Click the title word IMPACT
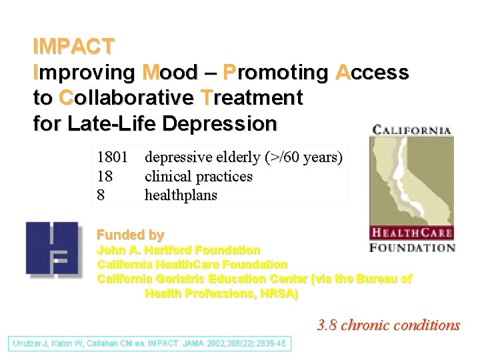(x=74, y=47)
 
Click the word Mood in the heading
(x=170, y=72)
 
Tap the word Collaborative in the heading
(x=127, y=98)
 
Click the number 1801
(x=114, y=158)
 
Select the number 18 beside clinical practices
(x=105, y=177)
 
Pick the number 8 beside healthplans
(x=101, y=195)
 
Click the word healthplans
(x=181, y=195)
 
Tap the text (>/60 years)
(x=303, y=158)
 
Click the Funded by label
(x=131, y=235)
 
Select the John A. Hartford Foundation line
(x=179, y=250)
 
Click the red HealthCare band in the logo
(x=411, y=233)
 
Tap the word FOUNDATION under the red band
(x=412, y=247)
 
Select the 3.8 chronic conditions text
(x=389, y=325)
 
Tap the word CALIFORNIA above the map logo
(x=411, y=131)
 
